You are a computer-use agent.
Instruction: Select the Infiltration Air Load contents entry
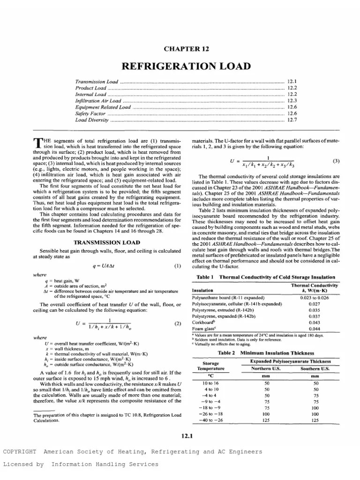98,100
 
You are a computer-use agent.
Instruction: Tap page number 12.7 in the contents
292,120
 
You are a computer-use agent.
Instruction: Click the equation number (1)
177,266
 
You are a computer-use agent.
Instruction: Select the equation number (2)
177,323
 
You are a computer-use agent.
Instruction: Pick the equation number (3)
336,161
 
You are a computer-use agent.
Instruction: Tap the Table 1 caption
265,277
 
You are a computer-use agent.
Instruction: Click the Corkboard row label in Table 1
204,322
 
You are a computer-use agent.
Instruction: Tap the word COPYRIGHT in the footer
19,451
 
